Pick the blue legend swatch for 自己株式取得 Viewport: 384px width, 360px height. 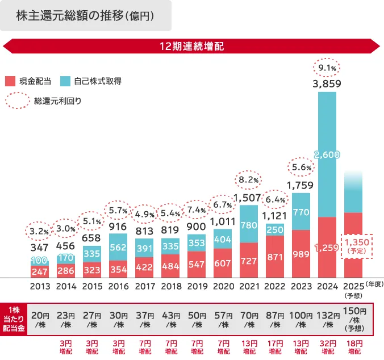coord(65,81)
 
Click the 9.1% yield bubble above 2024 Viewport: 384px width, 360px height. coord(327,68)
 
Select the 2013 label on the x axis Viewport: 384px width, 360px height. coord(40,287)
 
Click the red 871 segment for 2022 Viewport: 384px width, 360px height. coord(274,257)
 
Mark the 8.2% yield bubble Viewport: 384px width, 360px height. coord(248,180)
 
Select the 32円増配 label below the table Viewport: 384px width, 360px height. coord(327,347)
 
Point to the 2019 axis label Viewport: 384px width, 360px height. coord(196,287)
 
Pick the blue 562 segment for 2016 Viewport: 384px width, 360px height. coord(118,247)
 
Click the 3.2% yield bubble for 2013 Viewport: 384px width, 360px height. coord(39,231)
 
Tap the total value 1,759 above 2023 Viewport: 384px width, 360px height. coord(300,185)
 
